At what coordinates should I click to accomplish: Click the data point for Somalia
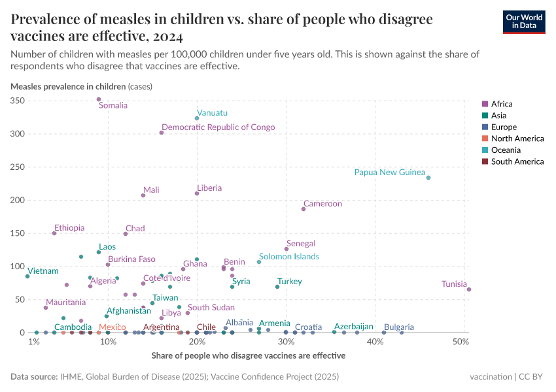pos(99,99)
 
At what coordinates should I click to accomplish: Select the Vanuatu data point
pos(197,118)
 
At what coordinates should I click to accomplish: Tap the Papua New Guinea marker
pos(428,178)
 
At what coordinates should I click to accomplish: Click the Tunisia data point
pos(469,289)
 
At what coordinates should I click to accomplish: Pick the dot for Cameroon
pos(304,209)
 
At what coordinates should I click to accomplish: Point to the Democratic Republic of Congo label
pos(218,127)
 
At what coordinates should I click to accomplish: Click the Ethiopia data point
pos(54,233)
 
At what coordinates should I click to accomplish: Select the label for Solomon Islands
pos(288,257)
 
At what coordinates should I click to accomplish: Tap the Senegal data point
pos(287,249)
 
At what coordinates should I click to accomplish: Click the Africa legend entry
pos(501,104)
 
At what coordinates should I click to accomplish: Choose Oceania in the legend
pos(504,150)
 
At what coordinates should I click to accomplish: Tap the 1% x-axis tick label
pos(34,342)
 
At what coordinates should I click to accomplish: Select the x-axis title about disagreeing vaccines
pos(248,356)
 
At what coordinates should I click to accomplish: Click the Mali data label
pos(151,190)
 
